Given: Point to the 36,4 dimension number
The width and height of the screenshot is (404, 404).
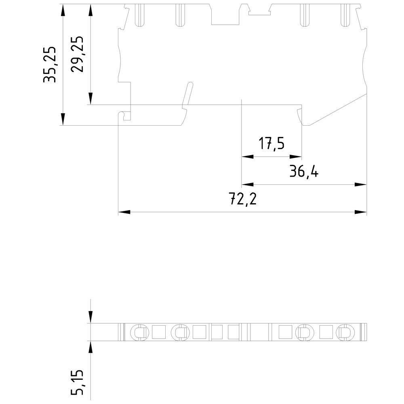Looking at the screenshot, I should tap(304, 172).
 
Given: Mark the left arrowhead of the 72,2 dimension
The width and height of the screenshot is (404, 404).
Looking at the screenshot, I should tap(124, 212).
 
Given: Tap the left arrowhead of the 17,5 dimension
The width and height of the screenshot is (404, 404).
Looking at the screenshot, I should tap(247, 156).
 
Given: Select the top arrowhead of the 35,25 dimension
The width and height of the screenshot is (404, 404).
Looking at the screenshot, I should tap(63, 10).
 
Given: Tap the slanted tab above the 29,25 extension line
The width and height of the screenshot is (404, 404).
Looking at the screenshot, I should tap(187, 95).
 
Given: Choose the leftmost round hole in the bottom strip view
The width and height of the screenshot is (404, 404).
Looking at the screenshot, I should tap(139, 332).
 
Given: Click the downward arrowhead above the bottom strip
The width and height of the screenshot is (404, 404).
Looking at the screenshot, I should tap(90, 318).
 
